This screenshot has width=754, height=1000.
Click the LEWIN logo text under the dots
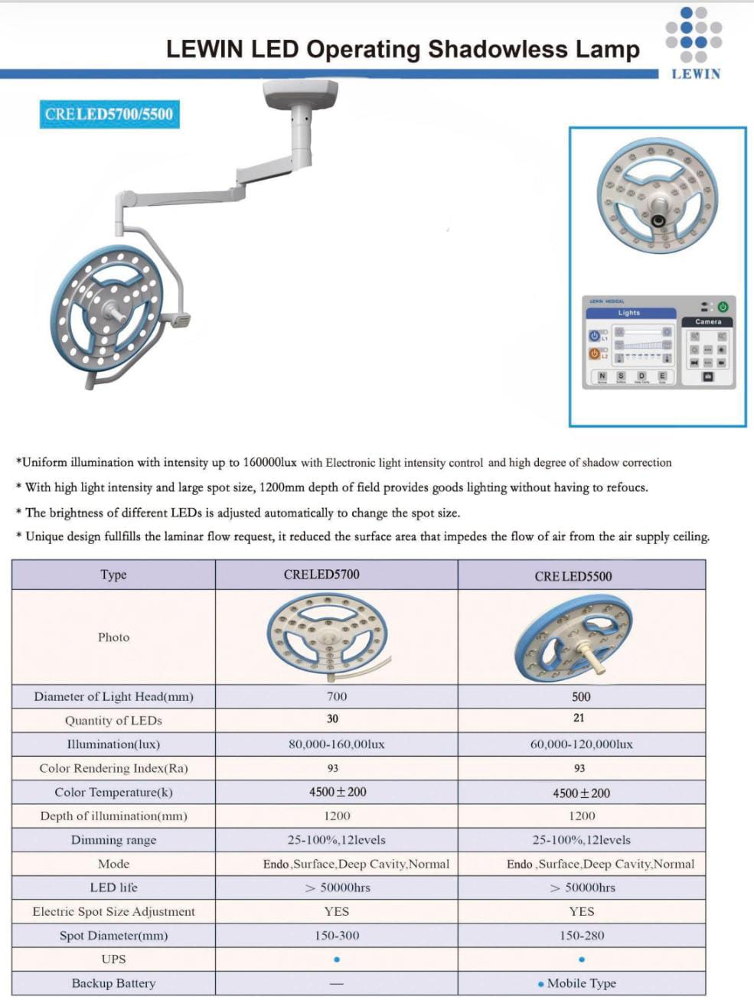click(695, 74)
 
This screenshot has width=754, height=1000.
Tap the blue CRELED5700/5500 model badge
click(109, 115)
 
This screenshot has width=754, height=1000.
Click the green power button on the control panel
click(722, 307)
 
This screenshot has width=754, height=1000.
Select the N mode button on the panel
click(602, 376)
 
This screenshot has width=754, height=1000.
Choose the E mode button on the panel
click(662, 376)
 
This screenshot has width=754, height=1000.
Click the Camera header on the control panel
click(708, 322)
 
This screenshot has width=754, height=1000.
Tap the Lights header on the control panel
click(629, 313)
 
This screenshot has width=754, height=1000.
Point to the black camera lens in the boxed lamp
click(658, 220)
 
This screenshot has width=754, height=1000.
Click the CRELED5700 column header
click(322, 575)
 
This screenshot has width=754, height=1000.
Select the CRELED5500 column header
click(573, 576)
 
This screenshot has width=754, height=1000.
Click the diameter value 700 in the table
click(337, 696)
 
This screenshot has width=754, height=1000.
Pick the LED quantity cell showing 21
click(579, 718)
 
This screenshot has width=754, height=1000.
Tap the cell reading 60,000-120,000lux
click(582, 744)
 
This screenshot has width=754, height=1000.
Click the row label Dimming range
click(113, 840)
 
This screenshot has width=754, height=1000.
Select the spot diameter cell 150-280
click(582, 935)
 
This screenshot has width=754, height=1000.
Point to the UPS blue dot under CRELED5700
click(337, 959)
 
